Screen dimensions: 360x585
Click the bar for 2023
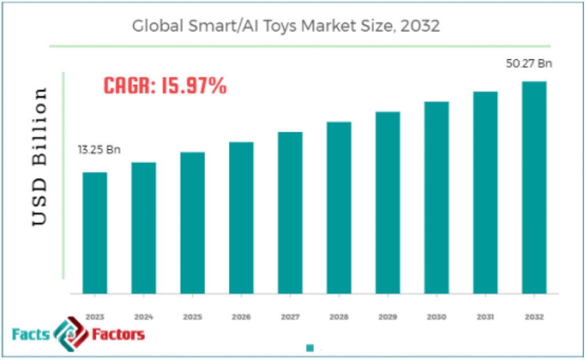point(94,233)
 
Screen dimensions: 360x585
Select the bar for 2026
point(241,218)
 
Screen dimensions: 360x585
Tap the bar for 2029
point(387,202)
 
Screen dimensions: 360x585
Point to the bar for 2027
point(290,213)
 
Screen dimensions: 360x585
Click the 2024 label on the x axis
point(143,316)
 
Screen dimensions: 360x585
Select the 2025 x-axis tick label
point(192,316)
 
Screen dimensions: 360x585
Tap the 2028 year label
point(339,316)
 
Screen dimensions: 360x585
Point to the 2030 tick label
point(436,316)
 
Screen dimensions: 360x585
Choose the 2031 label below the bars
point(485,316)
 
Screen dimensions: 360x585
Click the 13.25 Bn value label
point(99,150)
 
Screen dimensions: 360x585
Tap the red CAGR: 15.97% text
point(165,86)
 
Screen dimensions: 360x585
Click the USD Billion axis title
point(41,157)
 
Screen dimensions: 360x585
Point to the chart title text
point(286,26)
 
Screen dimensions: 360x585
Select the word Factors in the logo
point(118,334)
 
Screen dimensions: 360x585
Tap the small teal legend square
point(310,348)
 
